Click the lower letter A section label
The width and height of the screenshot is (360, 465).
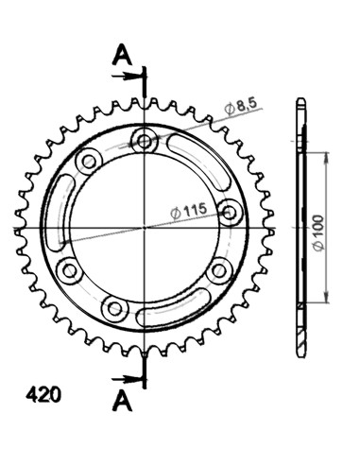coord(122,401)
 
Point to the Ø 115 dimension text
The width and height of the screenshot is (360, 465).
coord(189,213)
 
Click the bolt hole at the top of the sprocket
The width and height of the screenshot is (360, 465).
coord(145,143)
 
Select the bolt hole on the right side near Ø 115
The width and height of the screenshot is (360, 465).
coord(229,209)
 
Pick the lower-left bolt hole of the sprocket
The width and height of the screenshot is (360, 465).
coord(69,272)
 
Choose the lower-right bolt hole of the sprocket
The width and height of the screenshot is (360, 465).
coord(219,271)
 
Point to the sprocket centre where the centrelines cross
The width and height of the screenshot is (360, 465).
coord(145,228)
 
